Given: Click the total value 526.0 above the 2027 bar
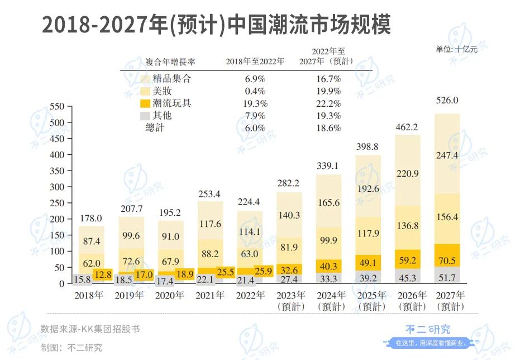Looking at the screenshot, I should point(447,101).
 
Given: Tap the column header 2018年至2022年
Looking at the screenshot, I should point(255,61).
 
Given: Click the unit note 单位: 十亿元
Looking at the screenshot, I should point(457,49).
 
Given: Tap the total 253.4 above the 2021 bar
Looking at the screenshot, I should point(210,194).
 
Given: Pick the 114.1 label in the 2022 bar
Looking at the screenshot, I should point(250,231).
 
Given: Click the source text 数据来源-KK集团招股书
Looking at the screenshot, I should point(90,329).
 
